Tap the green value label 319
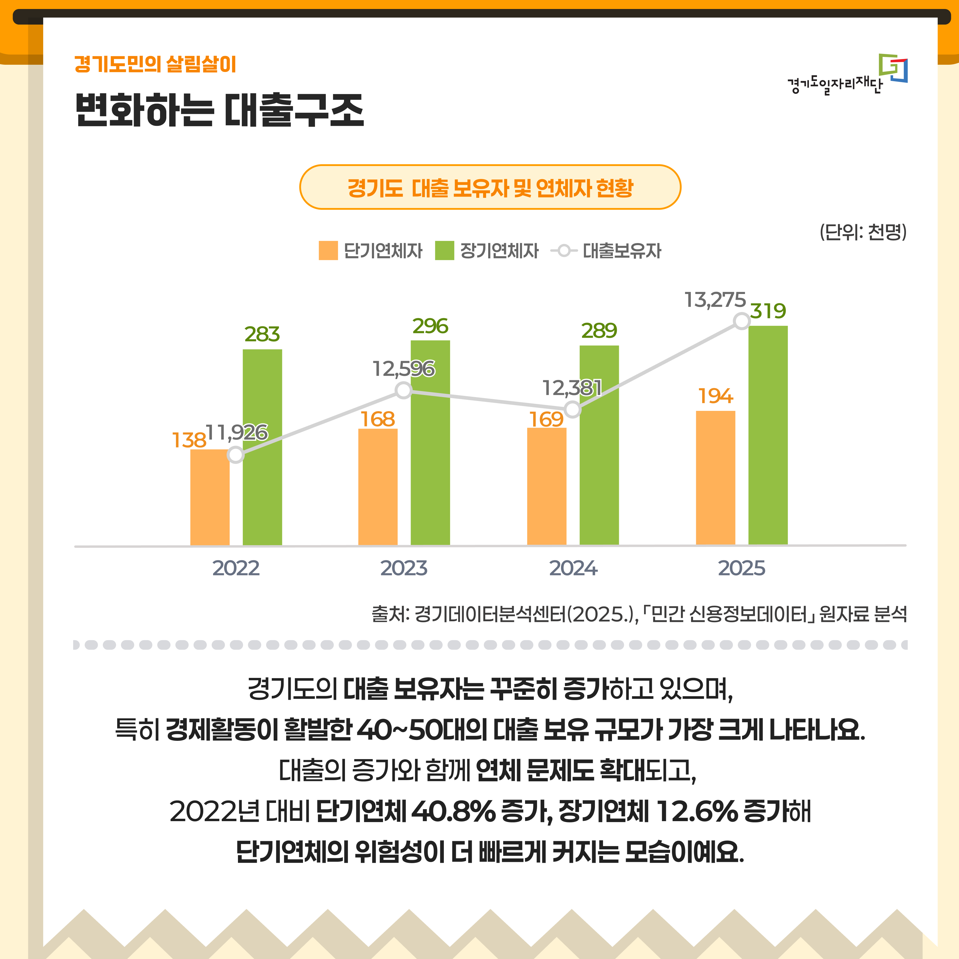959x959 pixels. (x=767, y=311)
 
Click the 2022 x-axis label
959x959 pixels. (x=236, y=568)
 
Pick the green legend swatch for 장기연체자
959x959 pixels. (x=444, y=251)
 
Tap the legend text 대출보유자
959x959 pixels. (x=622, y=251)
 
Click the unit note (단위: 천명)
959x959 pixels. (x=863, y=232)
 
